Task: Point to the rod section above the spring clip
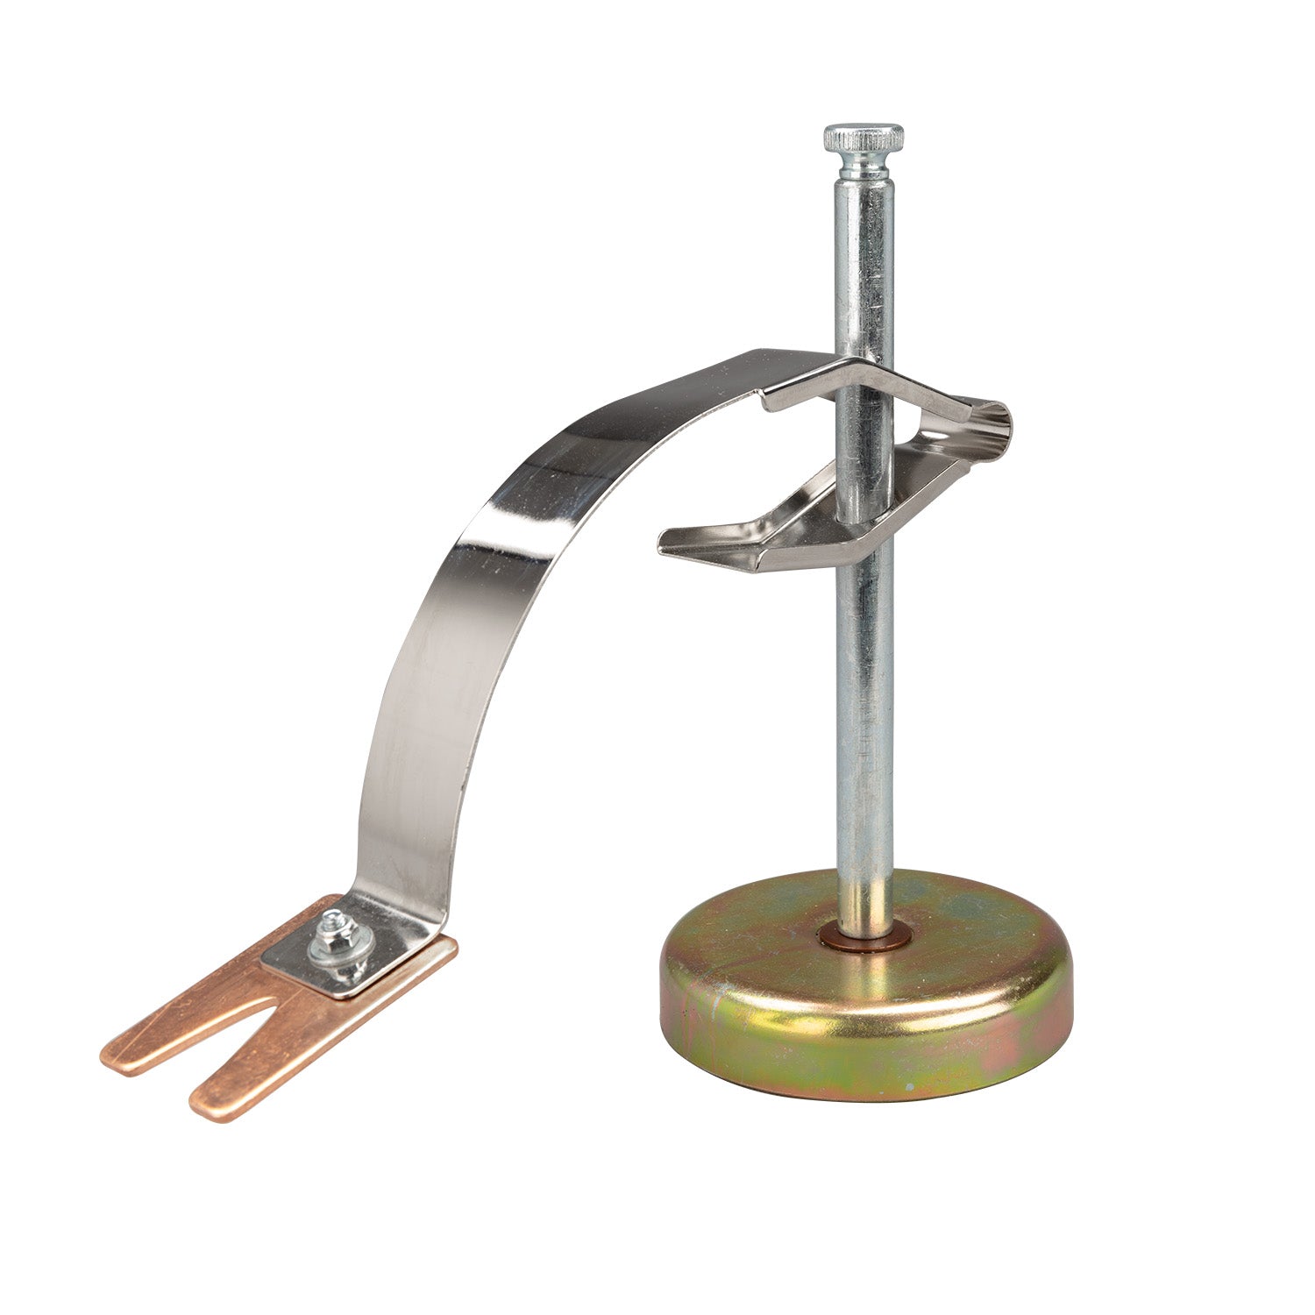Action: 863,263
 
